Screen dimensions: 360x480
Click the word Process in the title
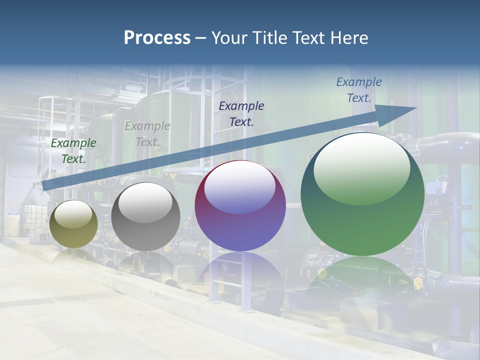click(157, 37)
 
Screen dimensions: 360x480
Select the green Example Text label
click(73, 150)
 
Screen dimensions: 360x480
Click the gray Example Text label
click(147, 133)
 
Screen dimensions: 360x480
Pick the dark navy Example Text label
click(241, 113)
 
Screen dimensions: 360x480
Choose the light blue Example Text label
click(358, 90)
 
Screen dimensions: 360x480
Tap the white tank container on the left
click(31, 220)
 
